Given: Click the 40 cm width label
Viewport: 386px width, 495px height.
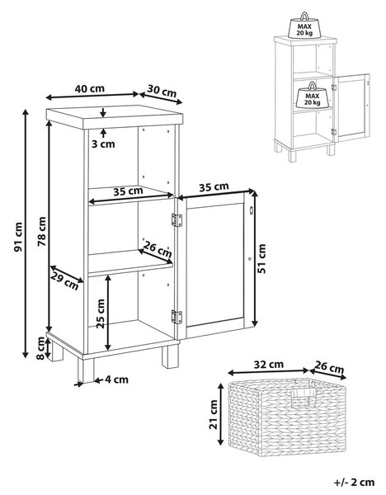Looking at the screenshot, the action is coord(90,89).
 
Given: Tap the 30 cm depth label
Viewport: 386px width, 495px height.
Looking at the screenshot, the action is coord(162,92).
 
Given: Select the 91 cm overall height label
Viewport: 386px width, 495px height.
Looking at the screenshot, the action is coord(19,237).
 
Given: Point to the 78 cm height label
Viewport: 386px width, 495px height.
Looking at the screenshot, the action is coord(42,231).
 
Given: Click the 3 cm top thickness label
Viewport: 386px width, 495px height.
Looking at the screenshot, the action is coord(103,144).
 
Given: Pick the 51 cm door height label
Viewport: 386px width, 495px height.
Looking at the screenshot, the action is coord(261,258).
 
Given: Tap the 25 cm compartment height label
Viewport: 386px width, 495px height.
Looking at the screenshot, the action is coord(101,313).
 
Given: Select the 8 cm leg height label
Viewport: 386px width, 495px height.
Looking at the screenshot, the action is coord(40,348).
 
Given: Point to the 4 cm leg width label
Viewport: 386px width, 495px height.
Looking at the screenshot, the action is coord(117,379).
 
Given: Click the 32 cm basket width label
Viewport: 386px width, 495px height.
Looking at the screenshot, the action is coord(269,365).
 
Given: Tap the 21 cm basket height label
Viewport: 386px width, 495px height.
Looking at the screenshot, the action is coord(214,414).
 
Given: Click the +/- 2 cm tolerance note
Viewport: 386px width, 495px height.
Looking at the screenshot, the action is coord(354,483).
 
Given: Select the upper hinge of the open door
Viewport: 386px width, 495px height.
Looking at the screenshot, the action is coord(177,220).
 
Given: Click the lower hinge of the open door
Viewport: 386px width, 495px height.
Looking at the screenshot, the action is coord(177,317).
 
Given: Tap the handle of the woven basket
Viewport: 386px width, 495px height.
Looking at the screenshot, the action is coord(304,394).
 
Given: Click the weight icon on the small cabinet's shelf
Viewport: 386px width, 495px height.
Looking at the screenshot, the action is coord(313,95).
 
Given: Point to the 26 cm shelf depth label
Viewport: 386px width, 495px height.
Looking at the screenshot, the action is coord(158,249).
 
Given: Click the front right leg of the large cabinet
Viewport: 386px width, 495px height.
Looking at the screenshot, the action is coord(170,356).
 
